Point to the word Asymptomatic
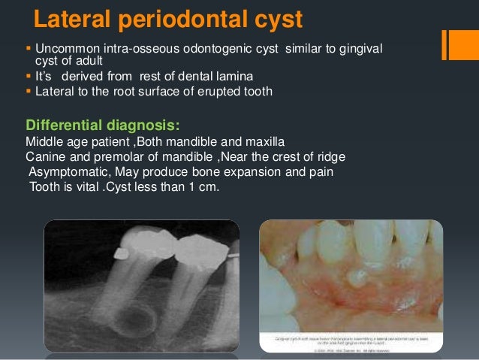(66, 172)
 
